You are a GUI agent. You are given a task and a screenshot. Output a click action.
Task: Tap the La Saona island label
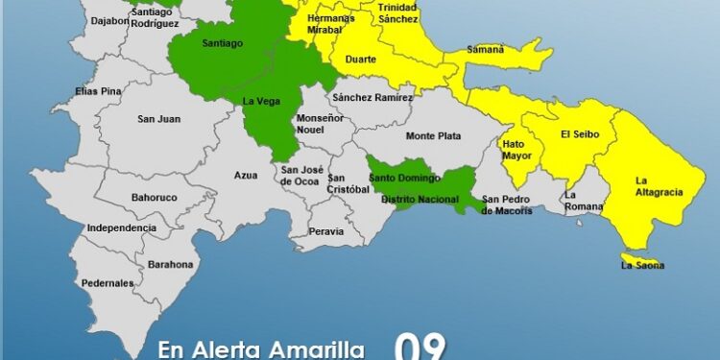point(641,265)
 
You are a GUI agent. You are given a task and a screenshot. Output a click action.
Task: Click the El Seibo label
point(579,134)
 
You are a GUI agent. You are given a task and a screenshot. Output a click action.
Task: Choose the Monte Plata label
point(433,136)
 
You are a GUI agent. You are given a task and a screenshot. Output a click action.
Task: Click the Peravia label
point(326,232)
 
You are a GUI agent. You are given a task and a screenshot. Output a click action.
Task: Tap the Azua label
point(246,176)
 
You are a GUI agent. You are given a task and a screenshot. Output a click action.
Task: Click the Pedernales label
point(108,283)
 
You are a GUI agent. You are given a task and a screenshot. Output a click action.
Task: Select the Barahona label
point(171,264)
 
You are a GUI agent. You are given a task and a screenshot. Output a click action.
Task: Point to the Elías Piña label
point(100,91)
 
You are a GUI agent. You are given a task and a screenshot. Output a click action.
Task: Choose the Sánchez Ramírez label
point(372,97)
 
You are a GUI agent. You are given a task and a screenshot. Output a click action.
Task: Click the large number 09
point(419,347)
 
